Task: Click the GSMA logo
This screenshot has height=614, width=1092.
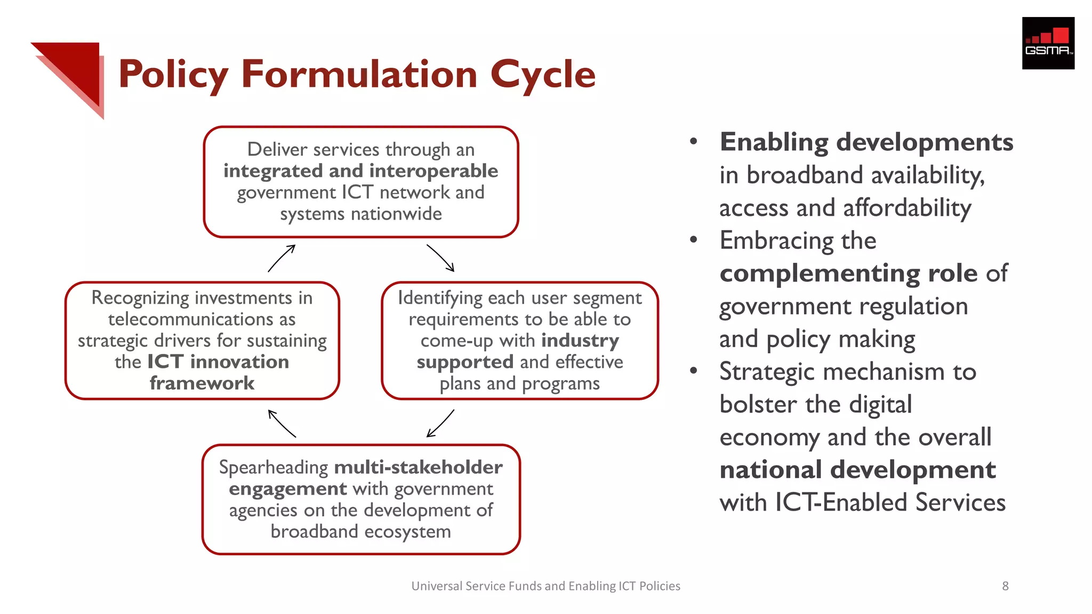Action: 1048,43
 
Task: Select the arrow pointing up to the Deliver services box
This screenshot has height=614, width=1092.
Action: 282,258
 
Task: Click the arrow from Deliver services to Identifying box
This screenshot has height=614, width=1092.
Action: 440,258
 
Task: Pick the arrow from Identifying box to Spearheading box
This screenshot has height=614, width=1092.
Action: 440,423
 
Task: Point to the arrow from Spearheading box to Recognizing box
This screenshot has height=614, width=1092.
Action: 282,423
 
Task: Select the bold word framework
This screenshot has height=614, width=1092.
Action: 202,383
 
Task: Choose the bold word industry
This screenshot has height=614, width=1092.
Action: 580,341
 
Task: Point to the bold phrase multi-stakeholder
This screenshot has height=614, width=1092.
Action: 418,467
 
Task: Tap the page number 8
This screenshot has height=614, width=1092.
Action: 1005,586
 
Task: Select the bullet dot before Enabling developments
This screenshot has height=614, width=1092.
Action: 693,142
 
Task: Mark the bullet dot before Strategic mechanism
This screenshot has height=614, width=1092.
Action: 693,371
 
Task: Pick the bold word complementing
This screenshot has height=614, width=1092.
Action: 820,273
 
